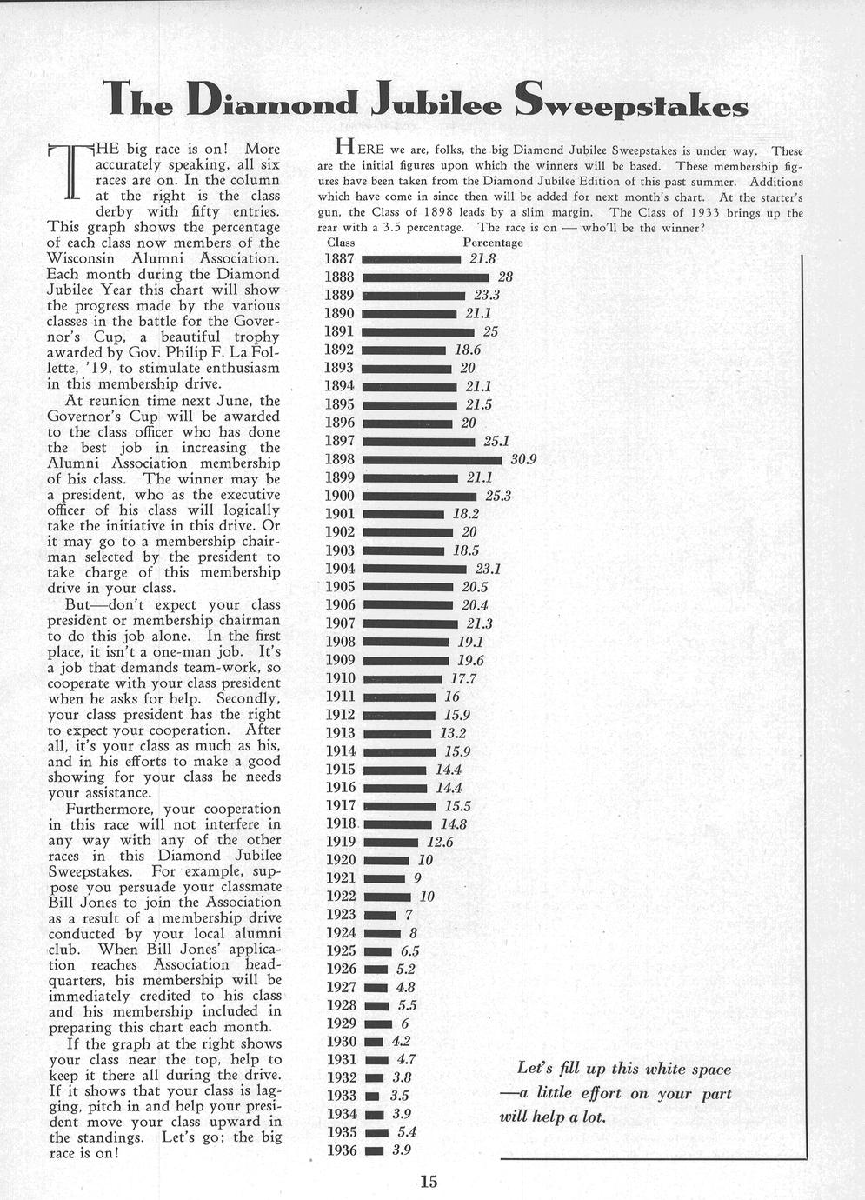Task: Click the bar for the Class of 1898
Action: coord(432,459)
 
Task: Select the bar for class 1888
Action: coord(426,277)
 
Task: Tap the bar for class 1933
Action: coord(372,1097)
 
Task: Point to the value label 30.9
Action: coord(523,459)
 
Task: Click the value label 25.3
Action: coord(498,496)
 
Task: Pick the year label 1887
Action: coord(339,258)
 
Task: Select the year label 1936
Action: coord(341,1150)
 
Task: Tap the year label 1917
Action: coord(341,806)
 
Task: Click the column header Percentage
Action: coord(493,243)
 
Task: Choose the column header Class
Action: coord(341,243)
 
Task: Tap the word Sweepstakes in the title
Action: coord(631,103)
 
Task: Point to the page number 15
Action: coord(429,1181)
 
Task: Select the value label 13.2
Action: coord(453,733)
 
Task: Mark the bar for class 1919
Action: coord(391,842)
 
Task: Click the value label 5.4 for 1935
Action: coord(407,1132)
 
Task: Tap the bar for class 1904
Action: coord(414,569)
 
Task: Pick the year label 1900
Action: coord(340,496)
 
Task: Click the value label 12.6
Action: coord(440,842)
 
